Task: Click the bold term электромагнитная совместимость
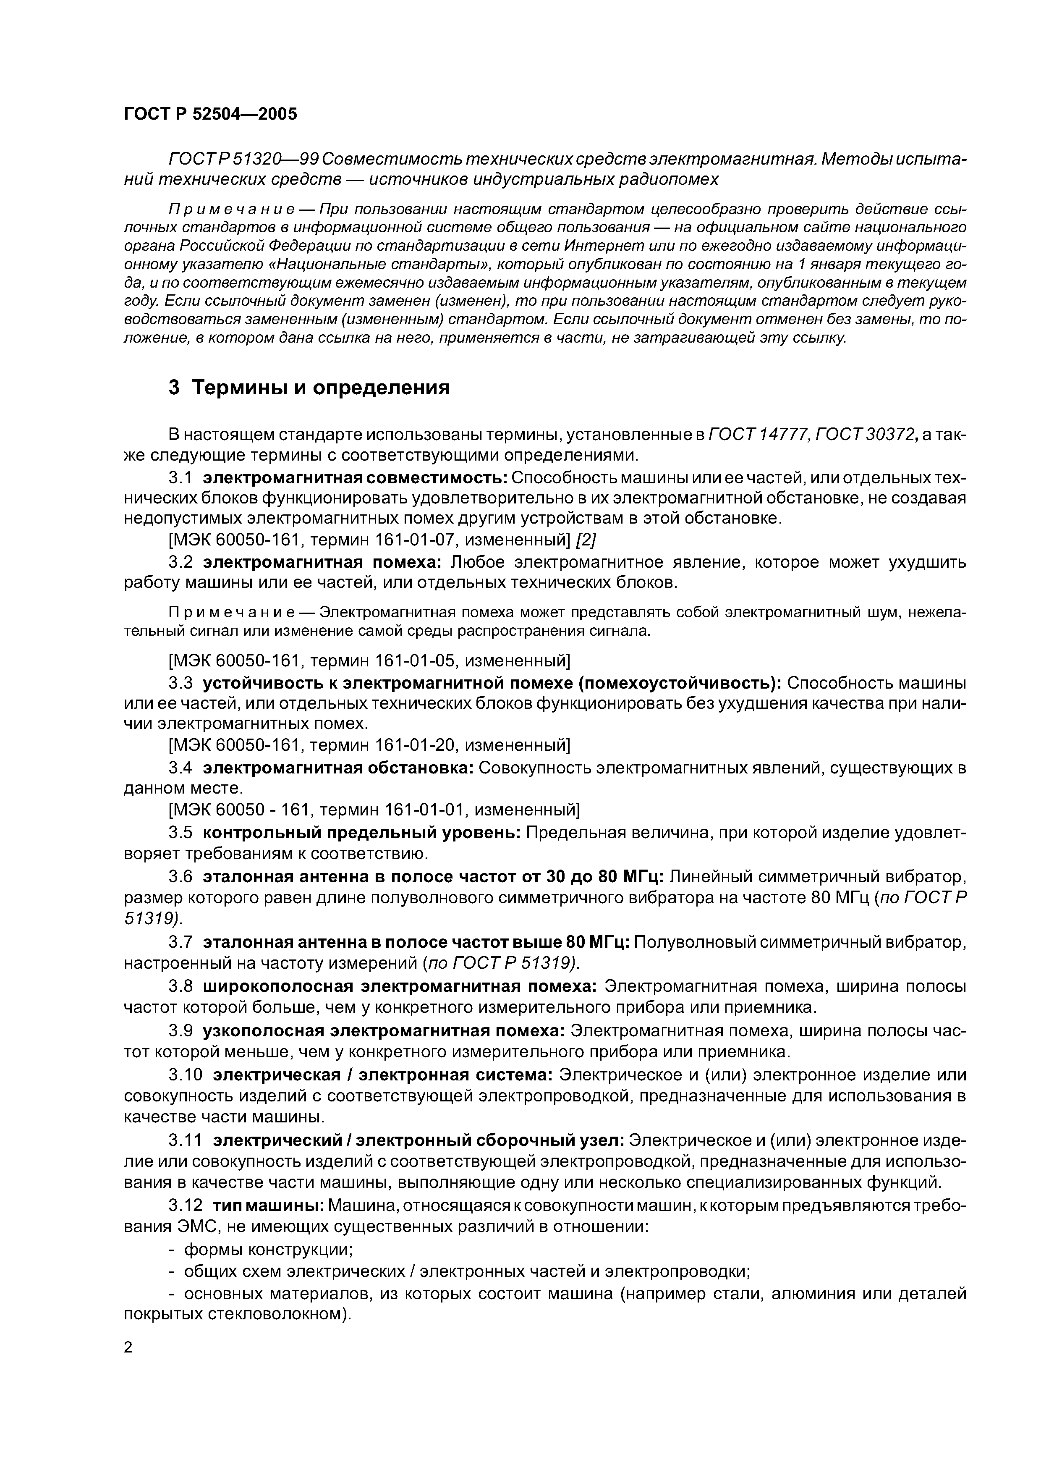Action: (x=356, y=478)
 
